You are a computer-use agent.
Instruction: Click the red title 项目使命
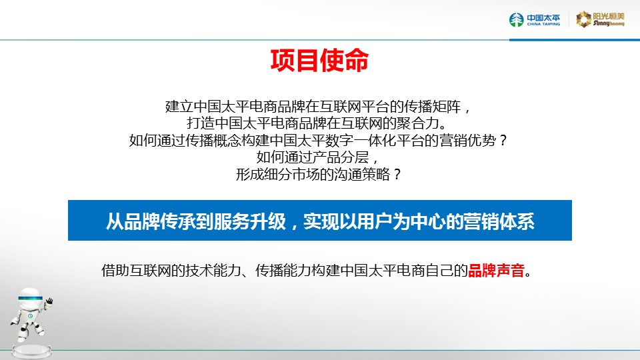pos(319,61)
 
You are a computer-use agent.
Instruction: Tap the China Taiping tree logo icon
pos(516,19)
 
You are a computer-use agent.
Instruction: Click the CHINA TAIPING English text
pos(543,24)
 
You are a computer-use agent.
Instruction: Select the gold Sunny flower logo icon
pos(584,19)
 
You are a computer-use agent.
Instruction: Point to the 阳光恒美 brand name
pos(609,16)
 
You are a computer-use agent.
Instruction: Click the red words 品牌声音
pos(496,270)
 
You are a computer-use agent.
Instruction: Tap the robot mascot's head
pos(30,299)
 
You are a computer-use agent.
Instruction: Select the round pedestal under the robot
pos(31,351)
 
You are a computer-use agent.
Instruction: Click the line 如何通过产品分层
pos(313,157)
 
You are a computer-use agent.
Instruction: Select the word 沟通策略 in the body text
pos(362,174)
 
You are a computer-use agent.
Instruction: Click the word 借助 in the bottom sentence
pos(115,270)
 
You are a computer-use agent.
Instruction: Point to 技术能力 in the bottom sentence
pos(213,270)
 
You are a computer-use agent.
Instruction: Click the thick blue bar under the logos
pos(575,40)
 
